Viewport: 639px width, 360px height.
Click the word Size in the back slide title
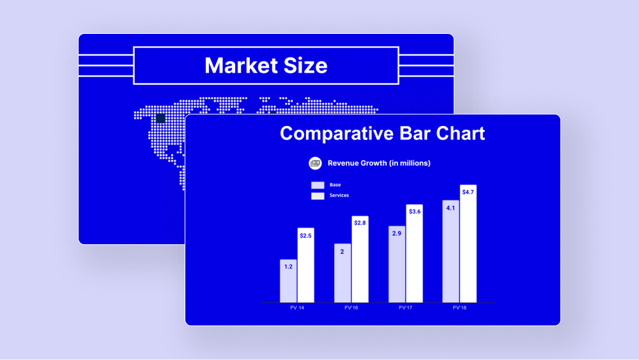click(305, 66)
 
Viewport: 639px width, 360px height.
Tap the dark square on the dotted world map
click(160, 119)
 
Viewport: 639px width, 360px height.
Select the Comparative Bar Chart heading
click(382, 133)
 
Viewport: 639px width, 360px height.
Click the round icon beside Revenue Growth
click(315, 163)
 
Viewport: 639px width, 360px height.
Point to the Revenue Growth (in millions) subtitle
click(379, 163)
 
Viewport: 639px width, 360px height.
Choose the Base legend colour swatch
click(318, 185)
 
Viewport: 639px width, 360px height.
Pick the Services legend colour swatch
click(318, 196)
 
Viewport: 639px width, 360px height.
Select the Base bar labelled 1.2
click(288, 281)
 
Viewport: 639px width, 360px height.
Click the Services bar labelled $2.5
click(305, 265)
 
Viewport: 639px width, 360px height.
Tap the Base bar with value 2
click(343, 273)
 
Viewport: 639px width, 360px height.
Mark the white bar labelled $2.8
click(360, 260)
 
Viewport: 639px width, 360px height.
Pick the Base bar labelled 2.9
click(397, 264)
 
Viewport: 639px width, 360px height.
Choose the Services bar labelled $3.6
click(414, 254)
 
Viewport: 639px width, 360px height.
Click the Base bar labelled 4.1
click(450, 251)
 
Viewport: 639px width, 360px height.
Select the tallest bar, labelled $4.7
click(468, 244)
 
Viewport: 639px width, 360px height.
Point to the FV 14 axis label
click(297, 308)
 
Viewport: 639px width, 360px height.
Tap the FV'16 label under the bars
click(351, 308)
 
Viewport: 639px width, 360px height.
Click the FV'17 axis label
click(406, 308)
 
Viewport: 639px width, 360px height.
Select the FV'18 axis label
click(459, 308)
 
